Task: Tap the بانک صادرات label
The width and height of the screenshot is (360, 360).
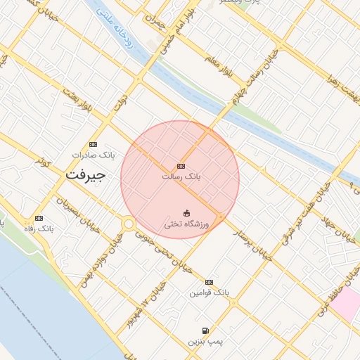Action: [92, 154]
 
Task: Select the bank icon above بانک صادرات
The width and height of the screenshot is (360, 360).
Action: [93, 144]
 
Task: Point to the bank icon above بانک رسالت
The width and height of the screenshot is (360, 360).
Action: [181, 167]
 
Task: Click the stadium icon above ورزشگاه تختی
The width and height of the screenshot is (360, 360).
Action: [186, 213]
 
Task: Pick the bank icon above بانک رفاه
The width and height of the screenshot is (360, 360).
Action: [39, 218]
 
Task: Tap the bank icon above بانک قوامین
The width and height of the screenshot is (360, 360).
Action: [209, 282]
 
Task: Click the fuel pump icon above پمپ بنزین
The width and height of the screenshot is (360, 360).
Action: [205, 330]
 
